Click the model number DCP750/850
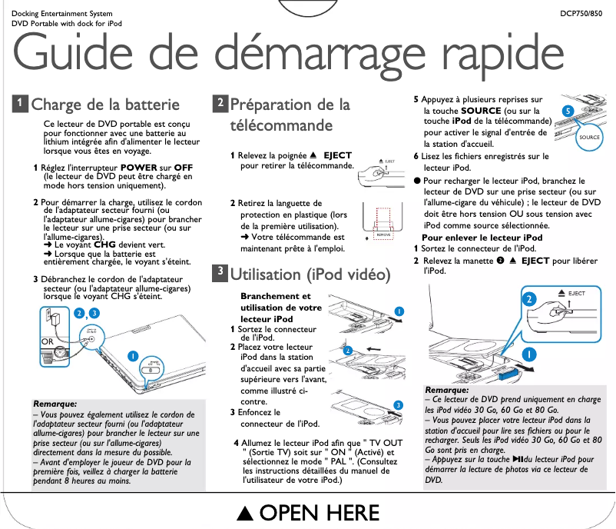pos(581,14)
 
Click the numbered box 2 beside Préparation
pos(220,103)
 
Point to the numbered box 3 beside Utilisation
pos(220,272)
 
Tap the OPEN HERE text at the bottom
pos(308,512)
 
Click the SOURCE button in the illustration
pos(568,138)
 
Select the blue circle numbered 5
pos(567,112)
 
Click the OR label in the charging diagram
pos(48,340)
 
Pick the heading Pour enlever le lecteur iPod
pos(482,238)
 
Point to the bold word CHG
pos(104,245)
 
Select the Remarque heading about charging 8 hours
pos(55,404)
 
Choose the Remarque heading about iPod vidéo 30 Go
pos(447,391)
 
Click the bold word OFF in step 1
pos(184,168)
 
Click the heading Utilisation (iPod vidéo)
pos(310,274)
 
